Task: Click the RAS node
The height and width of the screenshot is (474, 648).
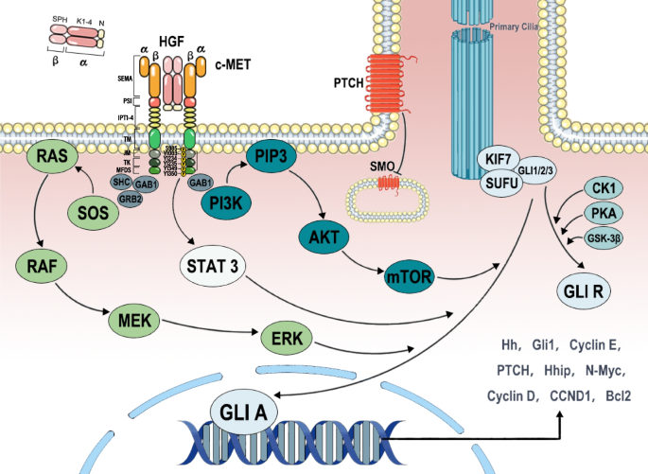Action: pyautogui.click(x=52, y=155)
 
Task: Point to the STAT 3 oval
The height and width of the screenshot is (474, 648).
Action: pyautogui.click(x=213, y=265)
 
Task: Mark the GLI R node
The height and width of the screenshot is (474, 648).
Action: pyautogui.click(x=585, y=290)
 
